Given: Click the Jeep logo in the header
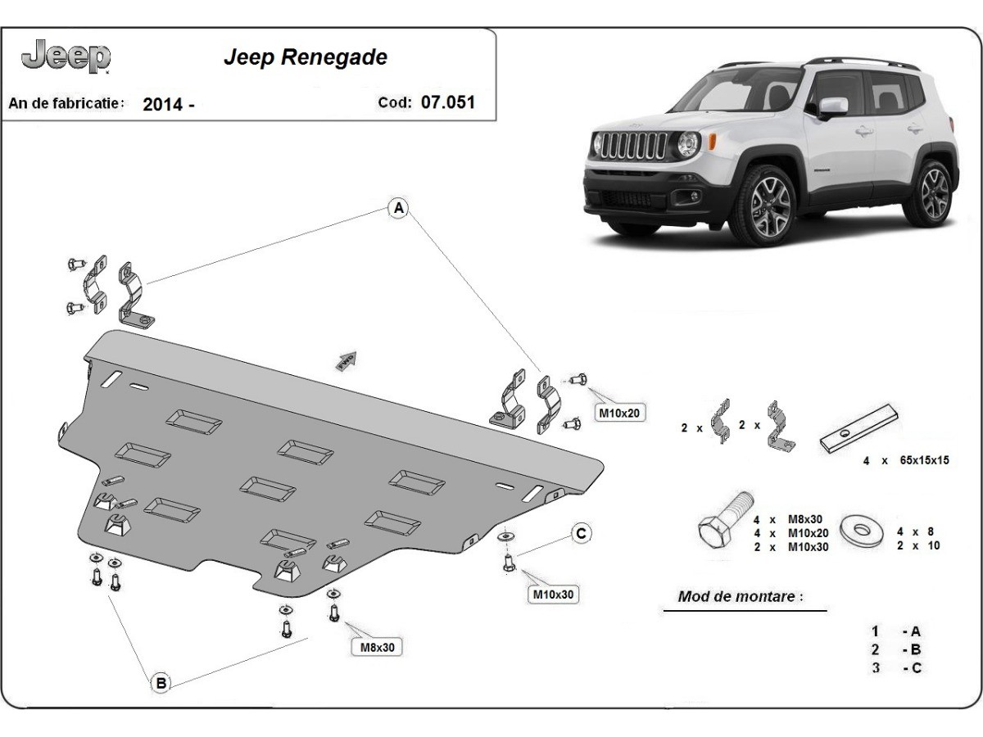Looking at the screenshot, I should pyautogui.click(x=66, y=56).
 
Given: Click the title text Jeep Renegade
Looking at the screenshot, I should pyautogui.click(x=305, y=58).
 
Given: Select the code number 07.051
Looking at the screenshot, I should pyautogui.click(x=447, y=102).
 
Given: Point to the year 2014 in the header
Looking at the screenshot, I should pyautogui.click(x=162, y=104).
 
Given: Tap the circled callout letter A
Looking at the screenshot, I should pyautogui.click(x=398, y=209).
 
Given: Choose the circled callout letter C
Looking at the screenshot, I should pyautogui.click(x=580, y=534).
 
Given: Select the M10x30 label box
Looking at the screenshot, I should pyautogui.click(x=553, y=595).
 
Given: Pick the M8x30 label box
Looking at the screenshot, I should pyautogui.click(x=378, y=647).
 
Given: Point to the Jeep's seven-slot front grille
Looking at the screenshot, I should pyautogui.click(x=633, y=145).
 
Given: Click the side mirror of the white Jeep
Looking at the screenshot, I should pyautogui.click(x=830, y=107).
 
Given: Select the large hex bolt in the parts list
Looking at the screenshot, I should pyautogui.click(x=723, y=523).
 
